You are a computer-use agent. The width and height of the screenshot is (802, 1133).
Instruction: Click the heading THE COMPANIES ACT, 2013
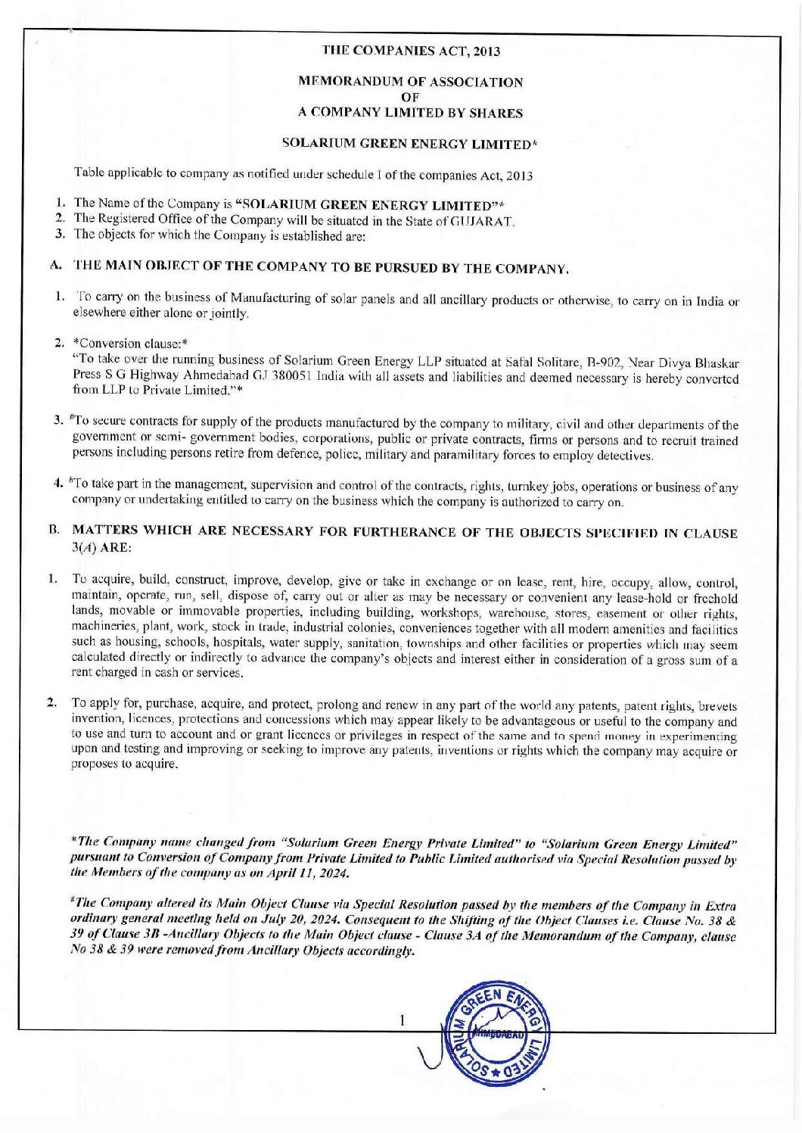(x=411, y=51)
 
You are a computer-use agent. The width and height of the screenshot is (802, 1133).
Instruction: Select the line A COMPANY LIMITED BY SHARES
(x=410, y=113)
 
